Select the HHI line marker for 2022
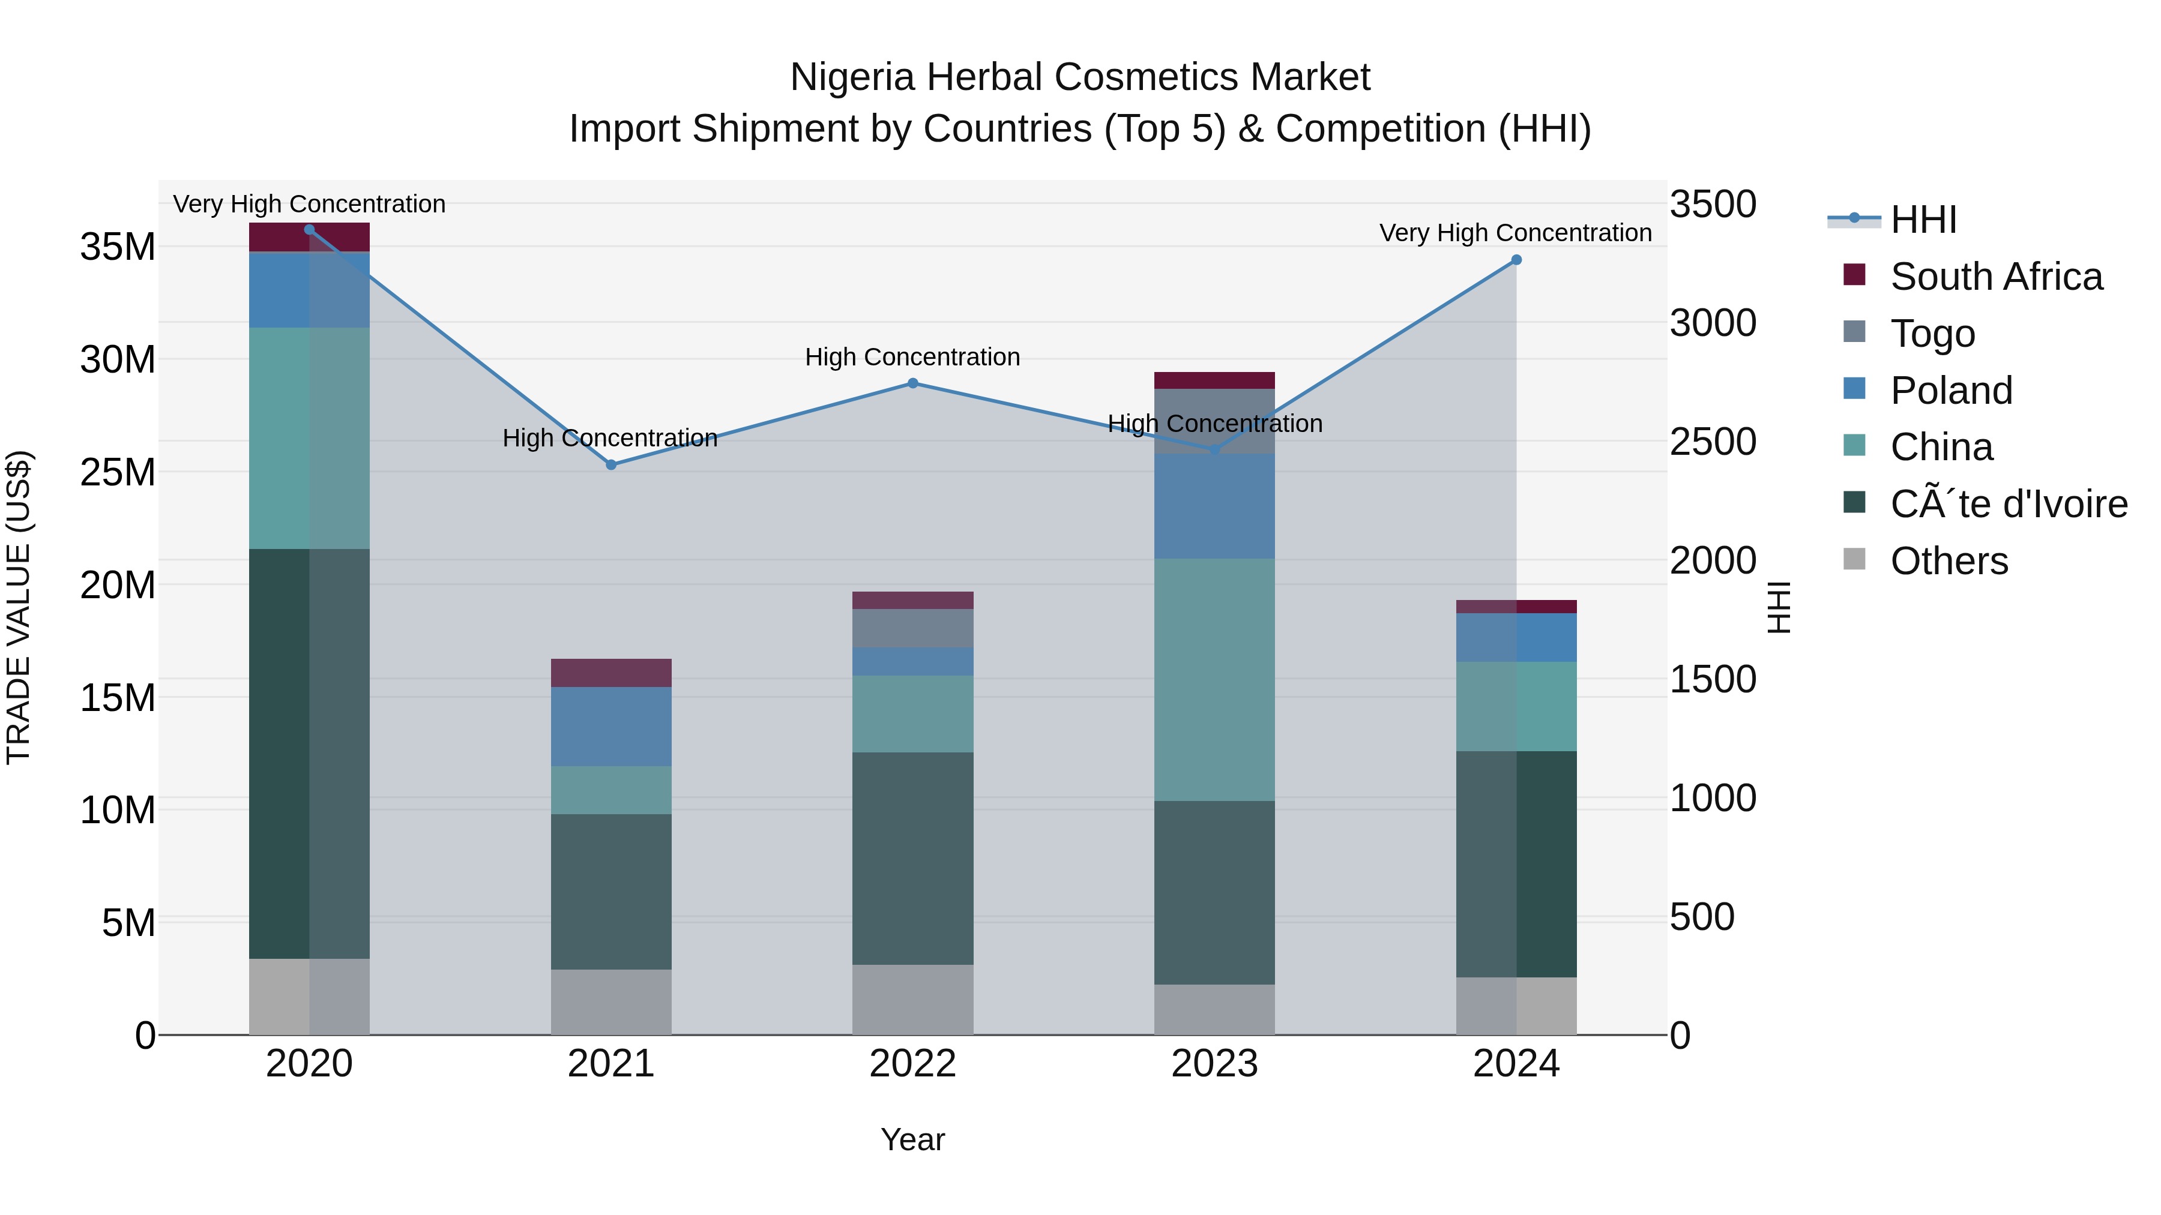point(912,383)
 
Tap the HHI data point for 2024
point(1516,260)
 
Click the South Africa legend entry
point(1996,277)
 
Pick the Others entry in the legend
point(1949,561)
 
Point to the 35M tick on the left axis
point(118,247)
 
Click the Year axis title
point(912,1139)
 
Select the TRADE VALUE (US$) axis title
point(19,607)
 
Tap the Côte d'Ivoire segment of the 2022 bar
point(912,858)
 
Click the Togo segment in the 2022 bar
point(912,628)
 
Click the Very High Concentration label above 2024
point(1515,233)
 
